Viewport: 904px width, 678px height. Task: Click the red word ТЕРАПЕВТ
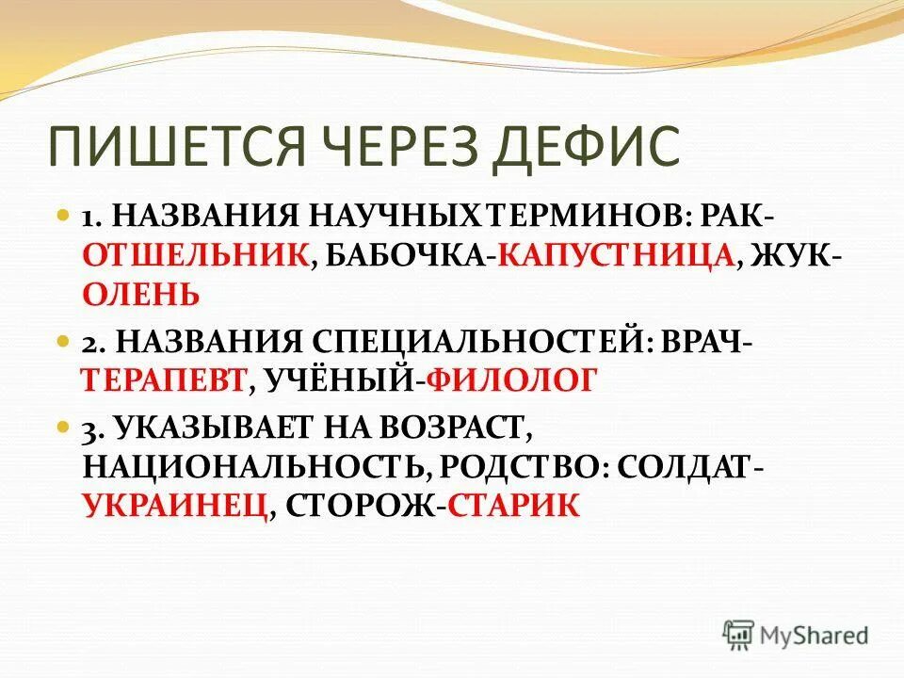tap(164, 379)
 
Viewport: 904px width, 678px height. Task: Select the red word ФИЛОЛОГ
tap(511, 379)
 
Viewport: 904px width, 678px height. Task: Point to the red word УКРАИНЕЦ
tap(174, 506)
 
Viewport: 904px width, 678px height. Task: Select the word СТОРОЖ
tap(360, 506)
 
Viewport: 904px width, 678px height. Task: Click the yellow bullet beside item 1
tap(64, 216)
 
